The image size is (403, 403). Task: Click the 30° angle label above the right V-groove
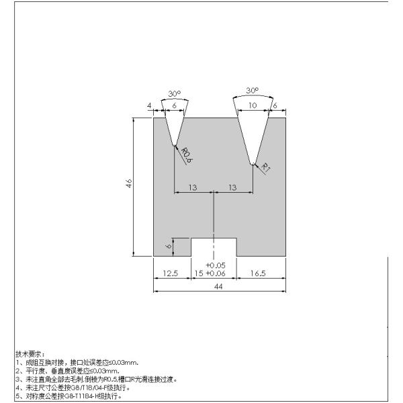[252, 89]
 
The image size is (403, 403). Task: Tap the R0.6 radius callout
[186, 155]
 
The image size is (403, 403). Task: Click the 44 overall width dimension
[218, 286]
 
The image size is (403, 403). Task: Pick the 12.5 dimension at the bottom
[171, 274]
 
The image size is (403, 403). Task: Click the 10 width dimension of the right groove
[252, 105]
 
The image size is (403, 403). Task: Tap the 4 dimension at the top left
[148, 105]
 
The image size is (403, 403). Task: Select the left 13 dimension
[193, 187]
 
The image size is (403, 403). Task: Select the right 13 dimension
[232, 187]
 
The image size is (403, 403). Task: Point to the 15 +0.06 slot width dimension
[209, 274]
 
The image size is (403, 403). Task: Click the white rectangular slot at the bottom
[214, 247]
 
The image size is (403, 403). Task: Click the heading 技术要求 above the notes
[29, 353]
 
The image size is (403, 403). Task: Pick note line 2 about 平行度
[67, 371]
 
